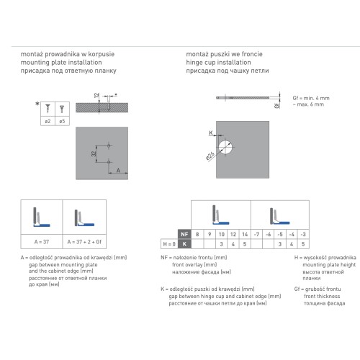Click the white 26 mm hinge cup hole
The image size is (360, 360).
[x=225, y=147]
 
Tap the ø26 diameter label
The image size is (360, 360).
[x=210, y=156]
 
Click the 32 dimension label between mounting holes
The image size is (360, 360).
[x=94, y=153]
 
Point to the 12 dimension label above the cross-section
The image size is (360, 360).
[x=96, y=96]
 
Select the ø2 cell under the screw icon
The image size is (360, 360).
[x=48, y=121]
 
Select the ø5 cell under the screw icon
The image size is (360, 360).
[x=62, y=121]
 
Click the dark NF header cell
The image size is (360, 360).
[x=184, y=234]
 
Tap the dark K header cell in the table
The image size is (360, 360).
[x=184, y=244]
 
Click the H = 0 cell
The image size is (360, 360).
[x=169, y=244]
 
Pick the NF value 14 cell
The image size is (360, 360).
[x=245, y=234]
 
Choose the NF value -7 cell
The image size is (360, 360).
[x=256, y=234]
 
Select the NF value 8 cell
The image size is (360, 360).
[x=197, y=234]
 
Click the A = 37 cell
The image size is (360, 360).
[x=42, y=242]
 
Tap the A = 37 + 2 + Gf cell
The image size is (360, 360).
[x=84, y=242]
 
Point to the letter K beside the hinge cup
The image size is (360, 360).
[x=211, y=132]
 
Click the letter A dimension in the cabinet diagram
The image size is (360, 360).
[x=118, y=171]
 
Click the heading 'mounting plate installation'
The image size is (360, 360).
[x=61, y=63]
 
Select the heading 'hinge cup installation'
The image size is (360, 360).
[x=218, y=63]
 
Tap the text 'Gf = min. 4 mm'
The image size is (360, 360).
[x=311, y=98]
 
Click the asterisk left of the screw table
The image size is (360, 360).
[x=37, y=104]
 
